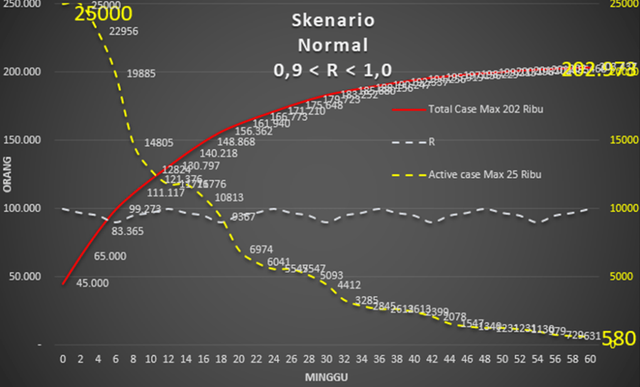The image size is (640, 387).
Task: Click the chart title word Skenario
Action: pyautogui.click(x=333, y=21)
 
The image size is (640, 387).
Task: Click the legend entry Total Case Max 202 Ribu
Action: pyautogui.click(x=485, y=109)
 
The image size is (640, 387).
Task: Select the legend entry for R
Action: pyautogui.click(x=431, y=142)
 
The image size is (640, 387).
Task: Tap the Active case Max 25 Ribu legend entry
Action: pyautogui.click(x=484, y=174)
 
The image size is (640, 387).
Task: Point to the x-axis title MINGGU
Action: pyautogui.click(x=326, y=377)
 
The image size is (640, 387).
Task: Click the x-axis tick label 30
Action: pyautogui.click(x=326, y=359)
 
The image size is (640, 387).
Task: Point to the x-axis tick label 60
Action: pyautogui.click(x=589, y=359)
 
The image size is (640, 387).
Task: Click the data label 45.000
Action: pyautogui.click(x=93, y=283)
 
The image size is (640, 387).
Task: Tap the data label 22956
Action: pyautogui.click(x=123, y=31)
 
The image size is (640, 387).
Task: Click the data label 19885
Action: pyautogui.click(x=141, y=74)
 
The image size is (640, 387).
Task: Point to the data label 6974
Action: pyautogui.click(x=261, y=249)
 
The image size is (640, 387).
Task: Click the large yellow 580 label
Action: pyautogui.click(x=619, y=338)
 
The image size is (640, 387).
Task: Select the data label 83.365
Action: pyautogui.click(x=128, y=231)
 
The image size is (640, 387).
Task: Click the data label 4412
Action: pyautogui.click(x=348, y=285)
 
